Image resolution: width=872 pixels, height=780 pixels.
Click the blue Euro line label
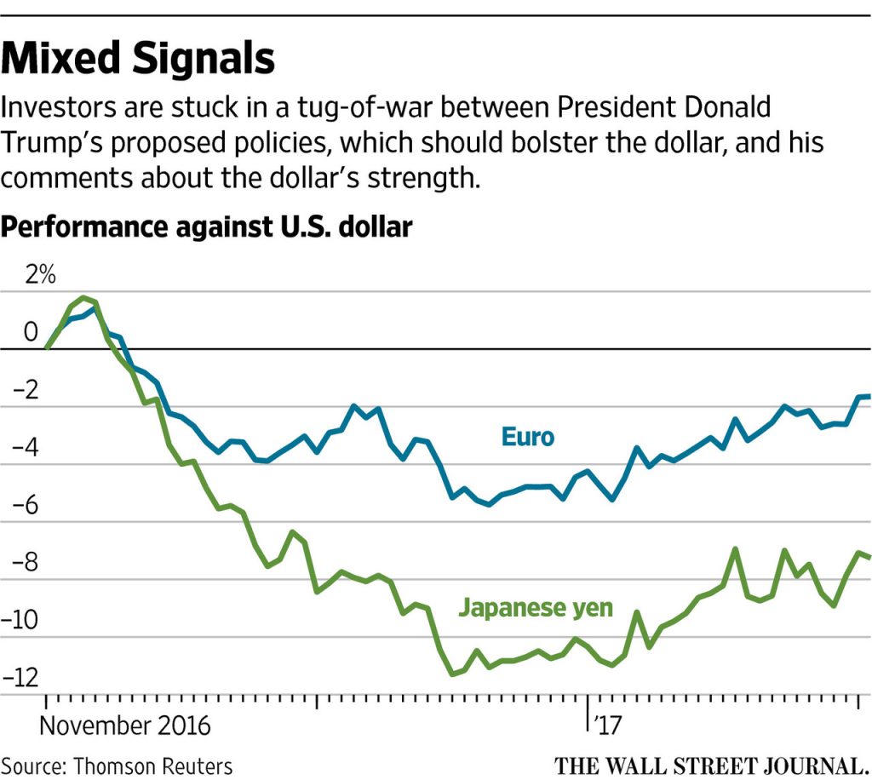click(527, 438)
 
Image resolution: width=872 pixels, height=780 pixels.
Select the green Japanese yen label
click(536, 607)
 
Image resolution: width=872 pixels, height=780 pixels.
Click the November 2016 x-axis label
click(125, 726)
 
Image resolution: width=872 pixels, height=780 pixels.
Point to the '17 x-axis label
click(607, 726)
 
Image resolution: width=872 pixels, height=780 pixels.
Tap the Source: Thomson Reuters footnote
click(117, 766)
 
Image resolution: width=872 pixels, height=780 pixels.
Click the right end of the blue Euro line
click(867, 396)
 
